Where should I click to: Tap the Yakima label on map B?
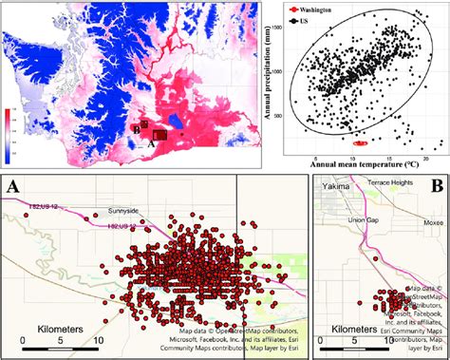pos(332,187)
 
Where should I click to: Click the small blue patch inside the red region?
pos(176,122)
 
